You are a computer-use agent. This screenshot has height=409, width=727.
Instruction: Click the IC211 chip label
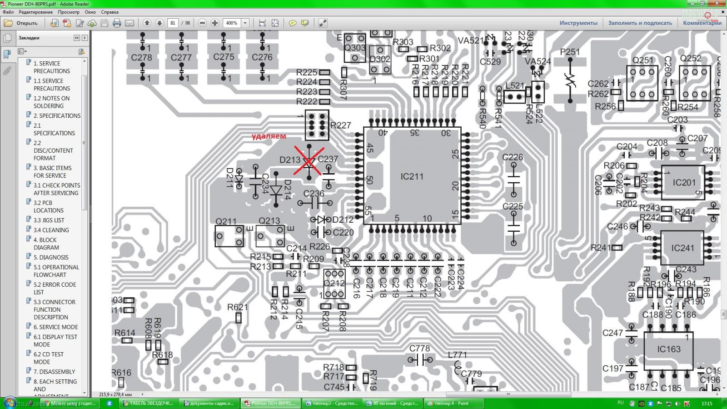[x=412, y=176]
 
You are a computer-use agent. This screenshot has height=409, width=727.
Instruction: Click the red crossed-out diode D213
[x=309, y=161]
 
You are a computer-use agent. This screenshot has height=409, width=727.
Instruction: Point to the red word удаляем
[x=269, y=136]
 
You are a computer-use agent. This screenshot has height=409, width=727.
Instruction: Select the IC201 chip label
[x=684, y=183]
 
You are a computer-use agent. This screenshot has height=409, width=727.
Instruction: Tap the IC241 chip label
[x=682, y=248]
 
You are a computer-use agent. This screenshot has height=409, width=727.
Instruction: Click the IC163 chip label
[x=669, y=349]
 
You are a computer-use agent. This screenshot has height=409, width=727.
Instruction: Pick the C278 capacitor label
[x=141, y=58]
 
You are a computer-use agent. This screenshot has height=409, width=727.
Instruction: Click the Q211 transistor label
[x=226, y=222]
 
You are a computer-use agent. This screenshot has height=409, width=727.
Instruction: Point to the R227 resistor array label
[x=340, y=125]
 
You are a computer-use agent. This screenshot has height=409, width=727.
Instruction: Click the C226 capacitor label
[x=513, y=158]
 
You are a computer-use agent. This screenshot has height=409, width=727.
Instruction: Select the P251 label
[x=570, y=52]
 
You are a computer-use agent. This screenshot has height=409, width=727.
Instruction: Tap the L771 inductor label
[x=457, y=355]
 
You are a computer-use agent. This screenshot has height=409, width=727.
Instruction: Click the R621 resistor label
[x=238, y=308]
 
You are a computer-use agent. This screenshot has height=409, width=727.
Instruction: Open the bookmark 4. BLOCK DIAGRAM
[x=46, y=244]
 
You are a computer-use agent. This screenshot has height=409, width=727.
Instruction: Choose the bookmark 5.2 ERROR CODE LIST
[x=55, y=288]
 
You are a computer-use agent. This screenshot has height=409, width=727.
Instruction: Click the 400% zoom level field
[x=232, y=23]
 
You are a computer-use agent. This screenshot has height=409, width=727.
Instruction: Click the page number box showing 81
[x=173, y=23]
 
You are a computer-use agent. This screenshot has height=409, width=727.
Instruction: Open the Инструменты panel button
[x=578, y=23]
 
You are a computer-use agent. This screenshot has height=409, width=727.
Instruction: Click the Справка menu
[x=110, y=12]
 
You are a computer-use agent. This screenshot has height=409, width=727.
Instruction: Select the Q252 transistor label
[x=691, y=59]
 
